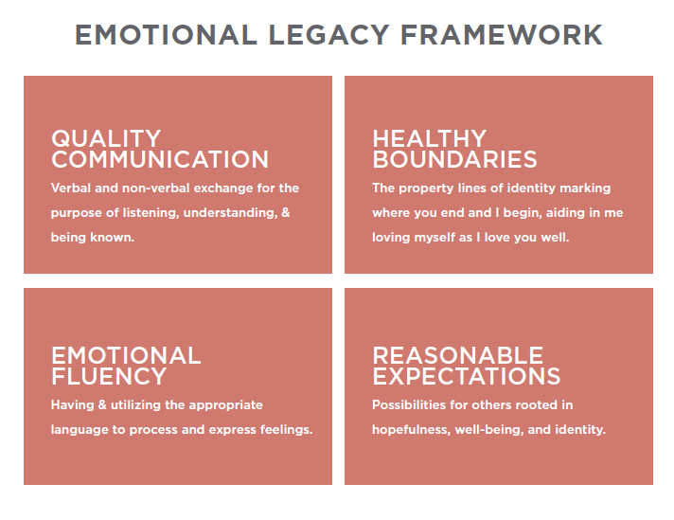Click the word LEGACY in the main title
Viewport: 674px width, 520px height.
click(x=328, y=35)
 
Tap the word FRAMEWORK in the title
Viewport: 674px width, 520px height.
click(x=502, y=35)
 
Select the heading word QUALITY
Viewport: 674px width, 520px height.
click(x=106, y=138)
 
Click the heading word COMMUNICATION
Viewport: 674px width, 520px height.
click(x=160, y=159)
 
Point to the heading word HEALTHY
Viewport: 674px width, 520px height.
click(x=430, y=138)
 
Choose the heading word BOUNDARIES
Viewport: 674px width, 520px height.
click(x=454, y=159)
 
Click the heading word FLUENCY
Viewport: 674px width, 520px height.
click(x=109, y=376)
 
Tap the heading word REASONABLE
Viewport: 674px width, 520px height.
click(x=458, y=356)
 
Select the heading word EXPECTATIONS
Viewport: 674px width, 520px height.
click(x=467, y=376)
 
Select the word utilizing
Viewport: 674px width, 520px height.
click(x=135, y=405)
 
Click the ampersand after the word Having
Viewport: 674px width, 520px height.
click(x=102, y=405)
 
